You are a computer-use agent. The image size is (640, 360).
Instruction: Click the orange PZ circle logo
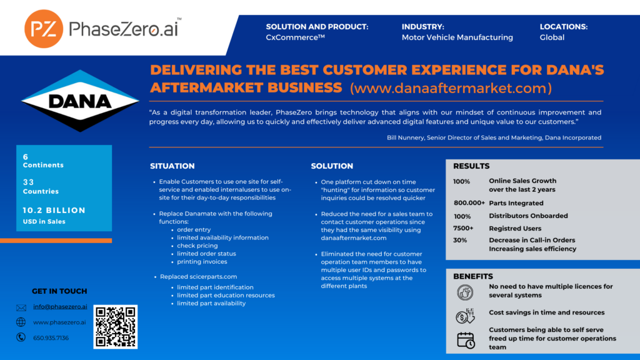point(44,29)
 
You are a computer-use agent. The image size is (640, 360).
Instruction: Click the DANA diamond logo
point(80,101)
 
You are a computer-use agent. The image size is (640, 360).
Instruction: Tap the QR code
point(116,327)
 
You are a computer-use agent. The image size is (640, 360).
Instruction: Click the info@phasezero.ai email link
point(60,307)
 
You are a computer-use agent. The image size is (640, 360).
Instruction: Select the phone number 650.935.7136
point(51,337)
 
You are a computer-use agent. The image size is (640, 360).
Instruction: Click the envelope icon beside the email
point(21,307)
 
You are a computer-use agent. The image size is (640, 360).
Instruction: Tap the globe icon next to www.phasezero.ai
point(21,322)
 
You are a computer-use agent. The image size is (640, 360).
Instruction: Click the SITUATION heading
point(172,166)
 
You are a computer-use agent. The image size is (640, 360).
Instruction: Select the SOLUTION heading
point(332,166)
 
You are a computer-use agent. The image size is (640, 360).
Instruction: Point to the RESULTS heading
point(471,166)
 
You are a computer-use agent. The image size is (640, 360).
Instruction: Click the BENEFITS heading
point(473,276)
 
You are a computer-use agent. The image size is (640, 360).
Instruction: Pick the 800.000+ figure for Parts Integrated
point(469,203)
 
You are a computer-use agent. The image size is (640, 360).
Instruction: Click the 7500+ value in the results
point(463,228)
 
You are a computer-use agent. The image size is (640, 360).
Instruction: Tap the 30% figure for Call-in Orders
point(460,240)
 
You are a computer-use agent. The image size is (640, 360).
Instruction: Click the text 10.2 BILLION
point(54,211)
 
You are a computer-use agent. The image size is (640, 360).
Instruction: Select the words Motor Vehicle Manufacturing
point(457,37)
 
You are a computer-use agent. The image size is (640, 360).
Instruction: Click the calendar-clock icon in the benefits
point(466,339)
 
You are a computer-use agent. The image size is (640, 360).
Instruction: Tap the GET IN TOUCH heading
point(59,291)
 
